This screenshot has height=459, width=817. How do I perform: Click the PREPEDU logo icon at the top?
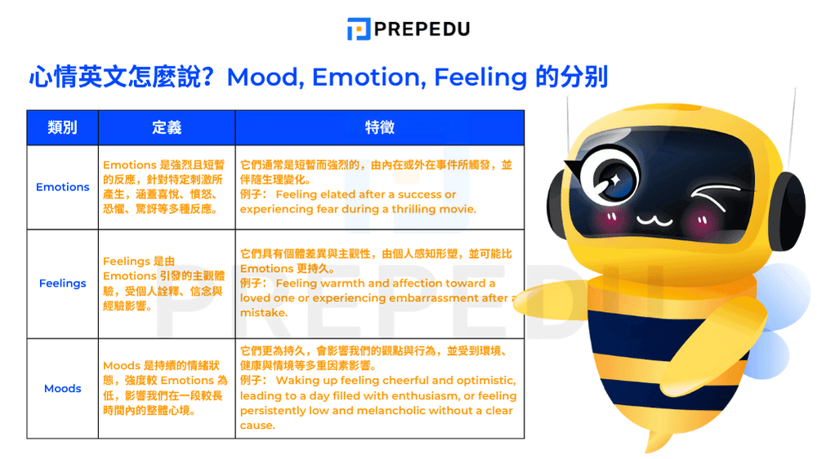pos(359,29)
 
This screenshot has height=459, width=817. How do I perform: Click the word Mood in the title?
pos(264,78)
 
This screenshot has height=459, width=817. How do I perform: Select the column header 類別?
pos(62,127)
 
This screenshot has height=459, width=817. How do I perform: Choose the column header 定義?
pos(166,127)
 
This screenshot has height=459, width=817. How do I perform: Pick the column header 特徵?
pos(379,127)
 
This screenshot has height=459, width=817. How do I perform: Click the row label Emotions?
pos(62,187)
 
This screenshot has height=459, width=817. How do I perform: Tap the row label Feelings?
pos(62,283)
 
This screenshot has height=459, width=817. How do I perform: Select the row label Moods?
pos(62,389)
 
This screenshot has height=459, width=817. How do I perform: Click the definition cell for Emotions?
pos(166,187)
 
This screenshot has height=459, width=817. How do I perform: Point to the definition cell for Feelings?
pos(166,283)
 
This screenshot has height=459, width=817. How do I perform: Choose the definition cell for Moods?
pos(166,389)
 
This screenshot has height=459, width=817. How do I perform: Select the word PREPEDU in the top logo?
pos(422,29)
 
